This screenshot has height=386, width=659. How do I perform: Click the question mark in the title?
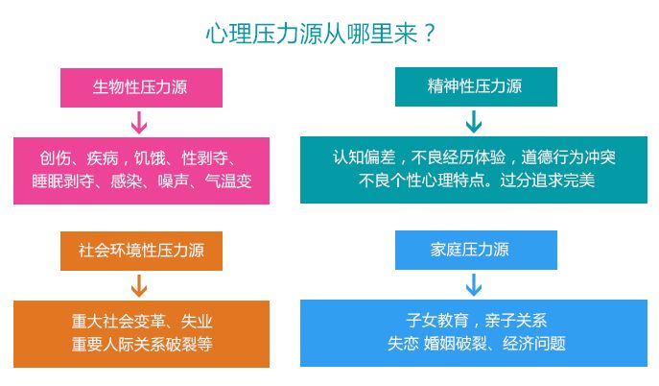click(x=429, y=34)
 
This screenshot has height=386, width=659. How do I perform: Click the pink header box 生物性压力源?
click(x=141, y=87)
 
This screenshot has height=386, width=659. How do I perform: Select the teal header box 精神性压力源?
click(x=476, y=86)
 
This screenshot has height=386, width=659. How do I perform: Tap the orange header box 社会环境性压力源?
click(x=141, y=251)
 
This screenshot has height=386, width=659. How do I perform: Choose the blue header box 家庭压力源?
click(x=476, y=250)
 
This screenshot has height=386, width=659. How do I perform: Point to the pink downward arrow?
click(x=139, y=122)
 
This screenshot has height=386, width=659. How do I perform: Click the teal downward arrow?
click(x=474, y=122)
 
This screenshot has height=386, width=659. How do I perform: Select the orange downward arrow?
click(x=139, y=286)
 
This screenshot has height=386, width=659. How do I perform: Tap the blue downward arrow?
click(x=474, y=285)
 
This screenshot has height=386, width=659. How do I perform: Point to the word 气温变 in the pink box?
click(x=228, y=181)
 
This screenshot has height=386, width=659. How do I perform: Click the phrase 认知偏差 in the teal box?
click(x=364, y=157)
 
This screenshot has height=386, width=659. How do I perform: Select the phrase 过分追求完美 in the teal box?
click(x=548, y=181)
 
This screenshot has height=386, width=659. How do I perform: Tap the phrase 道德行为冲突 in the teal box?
click(x=569, y=157)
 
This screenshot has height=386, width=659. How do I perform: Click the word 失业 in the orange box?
click(x=197, y=322)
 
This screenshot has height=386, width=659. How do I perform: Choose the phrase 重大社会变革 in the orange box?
click(x=119, y=322)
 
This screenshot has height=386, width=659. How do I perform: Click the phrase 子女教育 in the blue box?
click(x=437, y=321)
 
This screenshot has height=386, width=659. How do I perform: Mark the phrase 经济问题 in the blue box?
click(x=534, y=344)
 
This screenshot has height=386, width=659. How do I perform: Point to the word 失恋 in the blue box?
click(x=404, y=344)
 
